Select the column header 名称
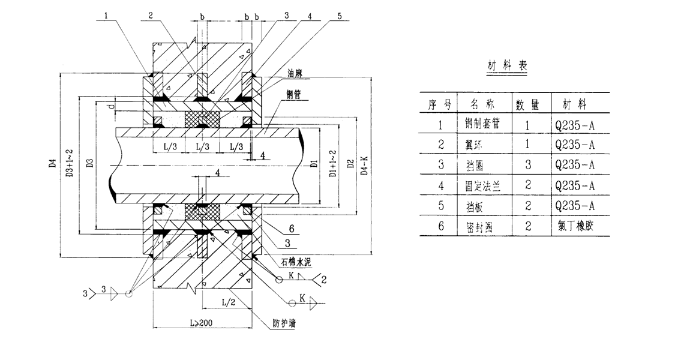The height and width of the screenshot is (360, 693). pyautogui.click(x=483, y=104)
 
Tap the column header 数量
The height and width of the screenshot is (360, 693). pyautogui.click(x=527, y=104)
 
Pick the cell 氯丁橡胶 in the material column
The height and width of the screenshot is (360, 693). pyautogui.click(x=578, y=227)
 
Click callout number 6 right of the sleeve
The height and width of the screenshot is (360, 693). pyautogui.click(x=291, y=229)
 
